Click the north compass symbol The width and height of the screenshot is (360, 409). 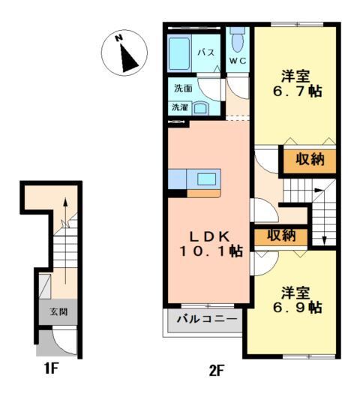[122, 53]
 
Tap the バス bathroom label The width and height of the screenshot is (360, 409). [207, 53]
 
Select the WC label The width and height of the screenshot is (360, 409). [238, 60]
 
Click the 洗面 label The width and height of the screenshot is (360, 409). [183, 88]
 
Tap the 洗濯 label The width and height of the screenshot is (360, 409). [180, 107]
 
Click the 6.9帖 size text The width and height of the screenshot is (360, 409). [292, 308]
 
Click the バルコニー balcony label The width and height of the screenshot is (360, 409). [207, 319]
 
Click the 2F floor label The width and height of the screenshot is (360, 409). [217, 369]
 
